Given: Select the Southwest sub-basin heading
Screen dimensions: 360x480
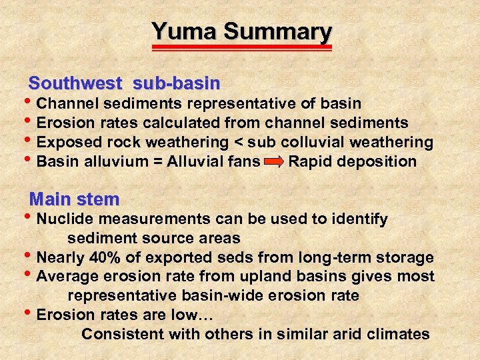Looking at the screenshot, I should pos(124,83).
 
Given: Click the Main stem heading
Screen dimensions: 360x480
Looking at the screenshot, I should pos(75,199).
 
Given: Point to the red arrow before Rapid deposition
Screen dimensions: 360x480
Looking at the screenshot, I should pos(273,162).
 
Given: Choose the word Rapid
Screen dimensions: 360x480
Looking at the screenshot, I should pos(311,162).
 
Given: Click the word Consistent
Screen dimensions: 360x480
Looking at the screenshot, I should pos(123,334).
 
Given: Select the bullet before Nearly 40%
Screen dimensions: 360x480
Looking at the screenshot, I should pos(30,257).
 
